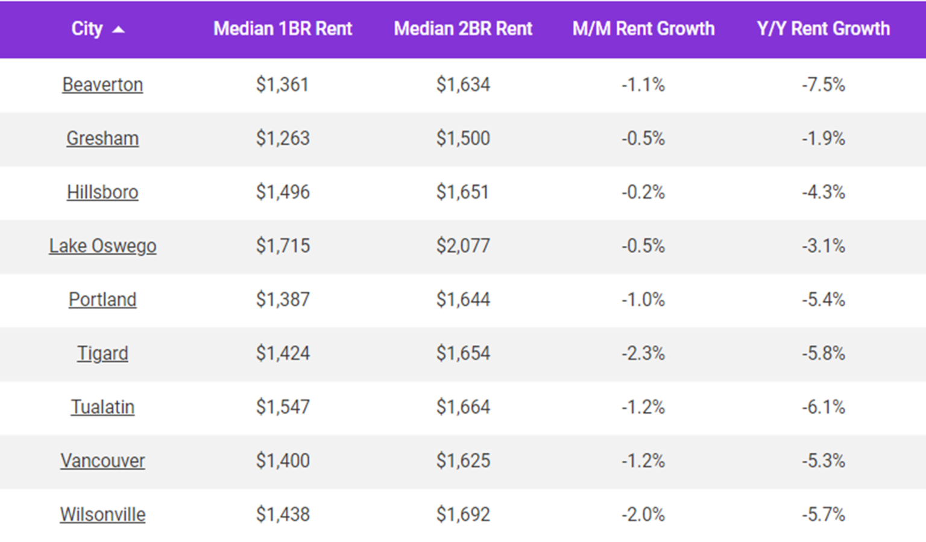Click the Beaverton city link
pyautogui.click(x=102, y=84)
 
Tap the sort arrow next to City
pyautogui.click(x=119, y=30)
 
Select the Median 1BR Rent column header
pyautogui.click(x=283, y=29)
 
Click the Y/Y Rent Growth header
pyautogui.click(x=823, y=29)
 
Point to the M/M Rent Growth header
pyautogui.click(x=643, y=29)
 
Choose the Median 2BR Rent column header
pyautogui.click(x=463, y=29)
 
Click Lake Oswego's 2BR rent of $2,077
pyautogui.click(x=463, y=246)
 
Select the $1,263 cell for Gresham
pyautogui.click(x=283, y=138)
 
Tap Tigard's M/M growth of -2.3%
pyautogui.click(x=643, y=353)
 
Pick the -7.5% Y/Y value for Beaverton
pyautogui.click(x=823, y=84)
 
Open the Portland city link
pyautogui.click(x=102, y=300)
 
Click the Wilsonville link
pyautogui.click(x=102, y=514)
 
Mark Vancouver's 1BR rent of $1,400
pyautogui.click(x=283, y=461)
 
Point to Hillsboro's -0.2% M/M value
pyautogui.click(x=643, y=192)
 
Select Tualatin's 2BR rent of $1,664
pyautogui.click(x=463, y=407)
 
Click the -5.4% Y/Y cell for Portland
pyautogui.click(x=823, y=300)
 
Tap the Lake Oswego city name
pyautogui.click(x=102, y=246)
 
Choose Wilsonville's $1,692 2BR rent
pyautogui.click(x=463, y=514)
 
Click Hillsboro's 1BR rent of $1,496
pyautogui.click(x=283, y=192)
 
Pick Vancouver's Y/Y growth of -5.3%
pyautogui.click(x=823, y=461)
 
